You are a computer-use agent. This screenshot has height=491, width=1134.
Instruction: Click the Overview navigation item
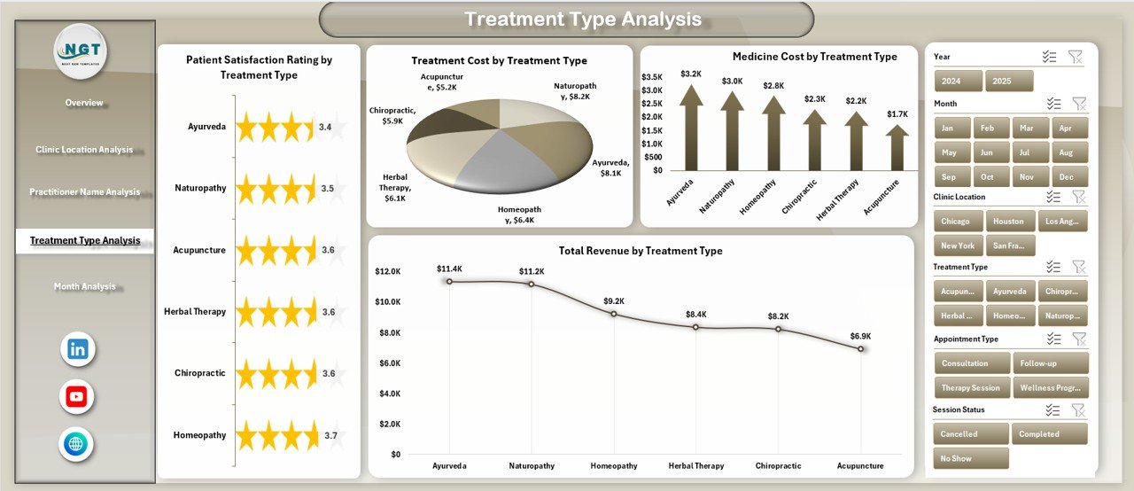pyautogui.click(x=84, y=103)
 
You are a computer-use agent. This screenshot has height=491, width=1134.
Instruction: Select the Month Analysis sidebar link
pyautogui.click(x=84, y=286)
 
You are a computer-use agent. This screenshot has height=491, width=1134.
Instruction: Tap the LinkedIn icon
pyautogui.click(x=77, y=349)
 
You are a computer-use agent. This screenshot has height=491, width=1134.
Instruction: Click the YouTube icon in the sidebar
pyautogui.click(x=77, y=397)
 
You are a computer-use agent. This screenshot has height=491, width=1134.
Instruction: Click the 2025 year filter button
pyautogui.click(x=1009, y=81)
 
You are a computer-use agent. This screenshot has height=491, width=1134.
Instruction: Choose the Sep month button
pyautogui.click(x=950, y=176)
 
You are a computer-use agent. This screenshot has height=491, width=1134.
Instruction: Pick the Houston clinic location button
pyautogui.click(x=1008, y=222)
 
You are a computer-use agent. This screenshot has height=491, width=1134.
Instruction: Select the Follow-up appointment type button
pyautogui.click(x=1051, y=362)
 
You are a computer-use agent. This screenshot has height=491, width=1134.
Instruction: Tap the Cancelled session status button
pyautogui.click(x=970, y=433)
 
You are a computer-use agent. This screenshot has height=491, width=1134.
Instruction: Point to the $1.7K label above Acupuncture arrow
pyautogui.click(x=897, y=113)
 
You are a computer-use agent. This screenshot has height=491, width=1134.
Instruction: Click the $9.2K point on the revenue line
pyautogui.click(x=614, y=314)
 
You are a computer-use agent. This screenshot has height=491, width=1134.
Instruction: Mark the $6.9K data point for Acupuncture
pyautogui.click(x=860, y=348)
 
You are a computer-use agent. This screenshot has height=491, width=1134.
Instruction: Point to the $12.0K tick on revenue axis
pyautogui.click(x=388, y=271)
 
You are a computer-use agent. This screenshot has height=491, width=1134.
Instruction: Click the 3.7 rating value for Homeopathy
pyautogui.click(x=330, y=435)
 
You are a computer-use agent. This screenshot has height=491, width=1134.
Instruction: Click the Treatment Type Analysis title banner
pyautogui.click(x=566, y=19)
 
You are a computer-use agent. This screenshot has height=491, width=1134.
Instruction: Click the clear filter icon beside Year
pyautogui.click(x=1075, y=57)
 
